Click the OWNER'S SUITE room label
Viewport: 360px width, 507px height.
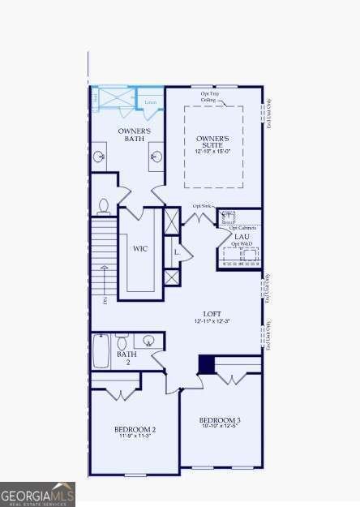coord(212,141)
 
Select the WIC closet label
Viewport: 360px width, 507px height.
coord(139,249)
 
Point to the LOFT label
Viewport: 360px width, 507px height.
coord(212,313)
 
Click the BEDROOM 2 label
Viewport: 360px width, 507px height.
coord(135,428)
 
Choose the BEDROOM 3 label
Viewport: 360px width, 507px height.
coord(220,419)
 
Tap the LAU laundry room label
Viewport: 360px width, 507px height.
coord(242,237)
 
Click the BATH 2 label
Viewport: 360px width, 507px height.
coord(126,358)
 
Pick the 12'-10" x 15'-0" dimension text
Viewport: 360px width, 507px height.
coord(212,152)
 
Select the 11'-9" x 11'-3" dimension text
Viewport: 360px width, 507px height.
coord(135,436)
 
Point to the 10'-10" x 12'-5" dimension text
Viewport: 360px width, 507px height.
coord(220,427)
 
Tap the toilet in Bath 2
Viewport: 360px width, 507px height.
coord(122,342)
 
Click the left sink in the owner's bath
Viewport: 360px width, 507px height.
coord(100,157)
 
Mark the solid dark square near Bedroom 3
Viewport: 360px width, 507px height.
coord(207,365)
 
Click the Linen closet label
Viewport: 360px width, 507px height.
coord(151,101)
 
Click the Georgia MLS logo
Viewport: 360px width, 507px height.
coord(38,494)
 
